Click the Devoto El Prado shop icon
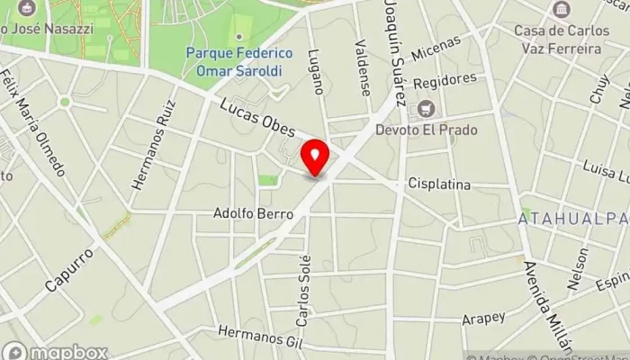click(424, 109)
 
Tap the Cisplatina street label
click(439, 184)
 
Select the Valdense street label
click(363, 67)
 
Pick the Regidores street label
click(445, 81)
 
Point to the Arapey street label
click(483, 317)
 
